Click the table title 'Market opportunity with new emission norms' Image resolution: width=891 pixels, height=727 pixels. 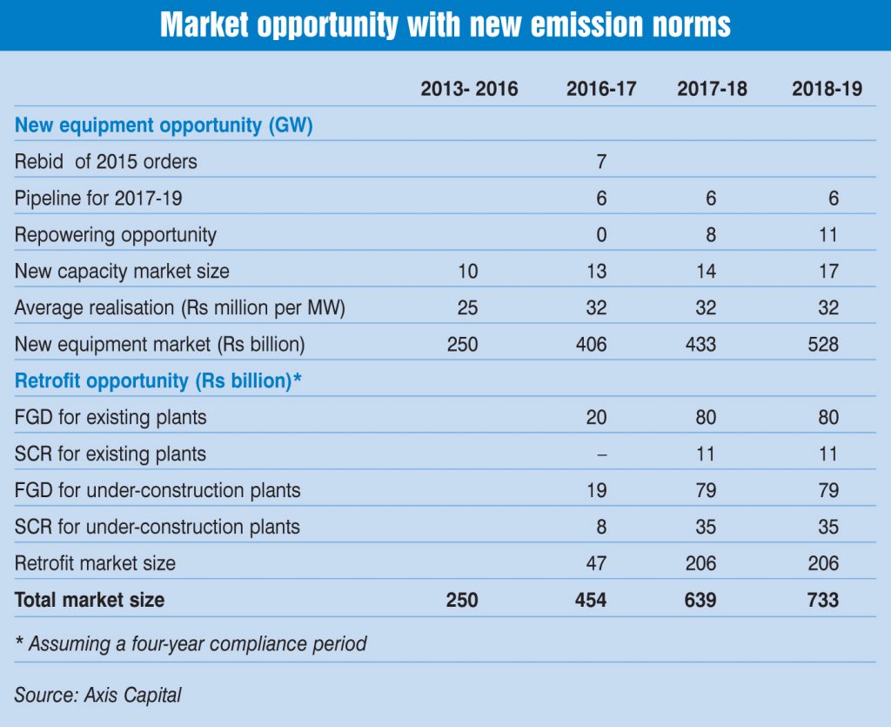[x=445, y=25]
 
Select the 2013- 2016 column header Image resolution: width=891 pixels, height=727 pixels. [x=469, y=89]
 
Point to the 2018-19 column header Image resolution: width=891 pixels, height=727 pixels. [x=827, y=89]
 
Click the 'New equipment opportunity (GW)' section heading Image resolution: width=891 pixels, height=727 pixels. [x=164, y=125]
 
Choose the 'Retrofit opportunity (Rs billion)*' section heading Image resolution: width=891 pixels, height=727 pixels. [x=158, y=380]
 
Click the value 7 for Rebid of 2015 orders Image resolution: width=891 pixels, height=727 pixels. [x=600, y=162]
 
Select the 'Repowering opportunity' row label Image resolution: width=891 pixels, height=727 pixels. [x=116, y=235]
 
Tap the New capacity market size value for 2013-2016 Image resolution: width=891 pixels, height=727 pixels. [x=468, y=272]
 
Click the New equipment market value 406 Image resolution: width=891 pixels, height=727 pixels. [x=591, y=345]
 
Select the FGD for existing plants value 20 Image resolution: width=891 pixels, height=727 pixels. [x=596, y=417]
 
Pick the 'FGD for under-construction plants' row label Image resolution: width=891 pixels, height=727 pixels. [x=157, y=490]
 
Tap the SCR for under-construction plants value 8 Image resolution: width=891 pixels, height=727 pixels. [x=602, y=527]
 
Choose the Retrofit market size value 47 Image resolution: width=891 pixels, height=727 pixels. [x=596, y=563]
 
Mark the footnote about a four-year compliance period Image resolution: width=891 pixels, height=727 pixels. [x=191, y=644]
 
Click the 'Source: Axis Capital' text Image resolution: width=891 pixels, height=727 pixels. [x=98, y=694]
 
